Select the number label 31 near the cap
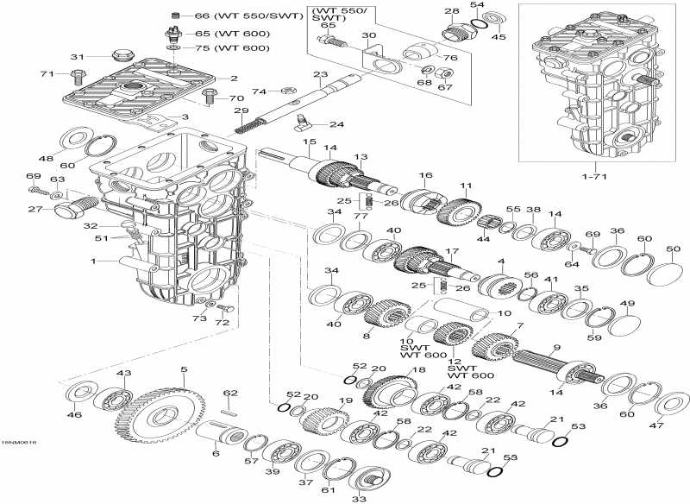77,57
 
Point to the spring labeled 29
248,127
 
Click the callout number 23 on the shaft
320,75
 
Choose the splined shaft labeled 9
546,361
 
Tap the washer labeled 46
78,394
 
